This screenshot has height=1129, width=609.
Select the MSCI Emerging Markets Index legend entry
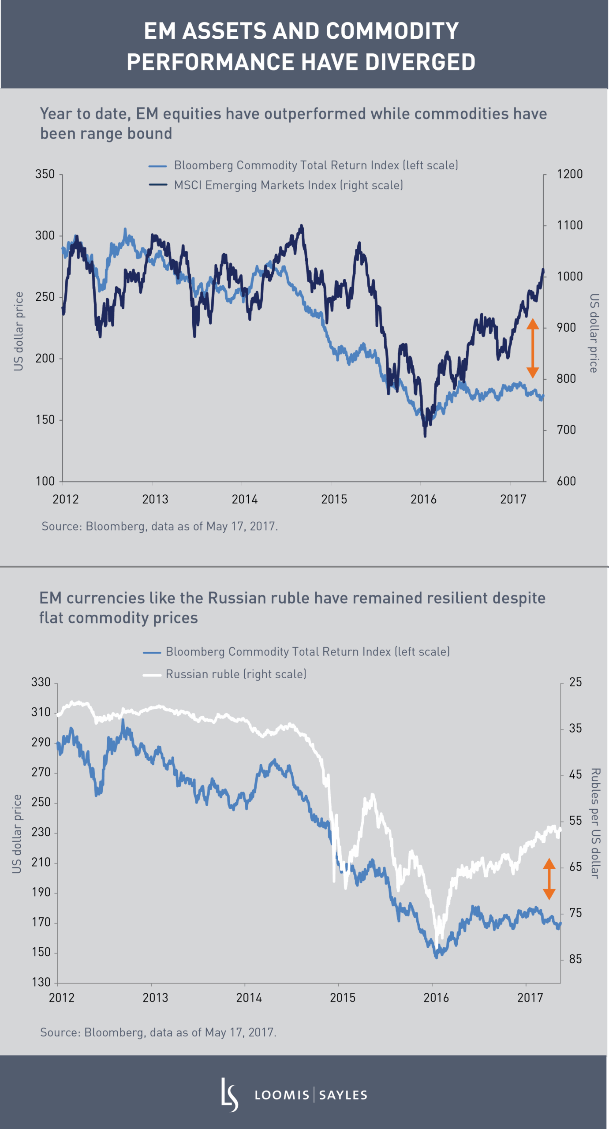[x=288, y=185]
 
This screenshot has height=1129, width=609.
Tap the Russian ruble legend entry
[x=236, y=674]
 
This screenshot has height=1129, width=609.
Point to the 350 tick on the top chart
[x=45, y=174]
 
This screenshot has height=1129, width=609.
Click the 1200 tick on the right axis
[x=570, y=174]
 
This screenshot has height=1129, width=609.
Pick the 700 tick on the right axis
[x=566, y=430]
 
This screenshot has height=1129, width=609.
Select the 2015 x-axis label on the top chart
[x=334, y=500]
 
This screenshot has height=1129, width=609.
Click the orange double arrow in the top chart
[x=533, y=348]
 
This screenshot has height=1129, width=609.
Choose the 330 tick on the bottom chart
[x=41, y=682]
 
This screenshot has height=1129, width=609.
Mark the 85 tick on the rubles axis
[x=575, y=959]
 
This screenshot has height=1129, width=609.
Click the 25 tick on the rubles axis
[x=575, y=682]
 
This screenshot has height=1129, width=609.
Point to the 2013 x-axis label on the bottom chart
[x=155, y=998]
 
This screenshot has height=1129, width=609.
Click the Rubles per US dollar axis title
[x=595, y=823]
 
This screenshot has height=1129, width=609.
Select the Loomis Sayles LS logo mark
[x=229, y=1095]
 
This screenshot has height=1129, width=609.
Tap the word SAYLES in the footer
[x=343, y=1095]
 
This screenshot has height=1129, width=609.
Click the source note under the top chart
[x=159, y=527]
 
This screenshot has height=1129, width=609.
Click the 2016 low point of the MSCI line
[x=425, y=436]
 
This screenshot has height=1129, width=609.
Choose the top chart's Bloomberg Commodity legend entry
[x=316, y=165]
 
